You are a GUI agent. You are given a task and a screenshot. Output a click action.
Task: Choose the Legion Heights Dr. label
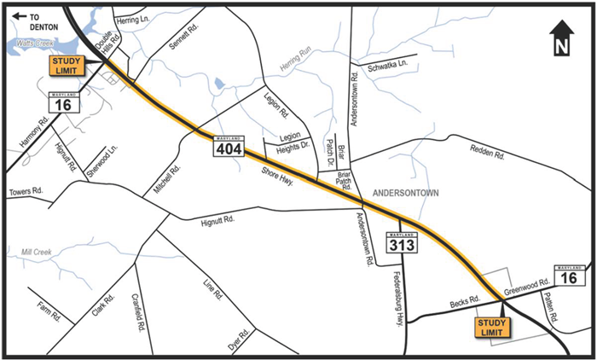289,142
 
